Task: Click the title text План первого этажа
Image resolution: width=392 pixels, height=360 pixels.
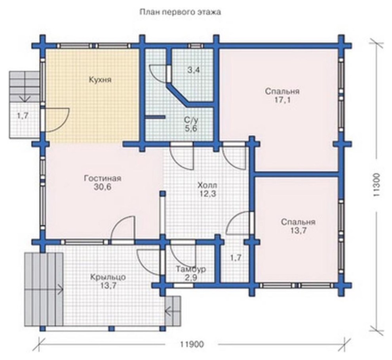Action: (x=180, y=12)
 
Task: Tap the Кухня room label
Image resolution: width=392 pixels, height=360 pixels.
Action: (x=100, y=80)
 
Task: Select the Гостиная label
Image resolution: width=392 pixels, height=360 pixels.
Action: (x=103, y=179)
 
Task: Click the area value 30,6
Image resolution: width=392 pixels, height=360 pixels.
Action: (x=103, y=187)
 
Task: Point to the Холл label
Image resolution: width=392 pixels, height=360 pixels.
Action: (x=207, y=186)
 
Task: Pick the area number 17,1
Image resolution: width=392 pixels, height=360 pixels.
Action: (x=282, y=100)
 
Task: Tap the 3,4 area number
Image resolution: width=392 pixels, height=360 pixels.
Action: (x=194, y=70)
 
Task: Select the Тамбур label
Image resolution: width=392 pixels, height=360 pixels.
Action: (x=191, y=269)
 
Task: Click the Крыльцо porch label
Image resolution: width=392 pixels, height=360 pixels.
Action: (x=108, y=277)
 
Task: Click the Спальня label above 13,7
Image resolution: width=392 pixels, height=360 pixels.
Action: (x=298, y=222)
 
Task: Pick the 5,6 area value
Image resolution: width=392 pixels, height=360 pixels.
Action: (x=191, y=129)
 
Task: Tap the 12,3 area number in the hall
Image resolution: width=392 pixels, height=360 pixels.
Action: (x=207, y=193)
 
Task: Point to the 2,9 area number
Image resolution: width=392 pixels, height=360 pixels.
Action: (x=191, y=278)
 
